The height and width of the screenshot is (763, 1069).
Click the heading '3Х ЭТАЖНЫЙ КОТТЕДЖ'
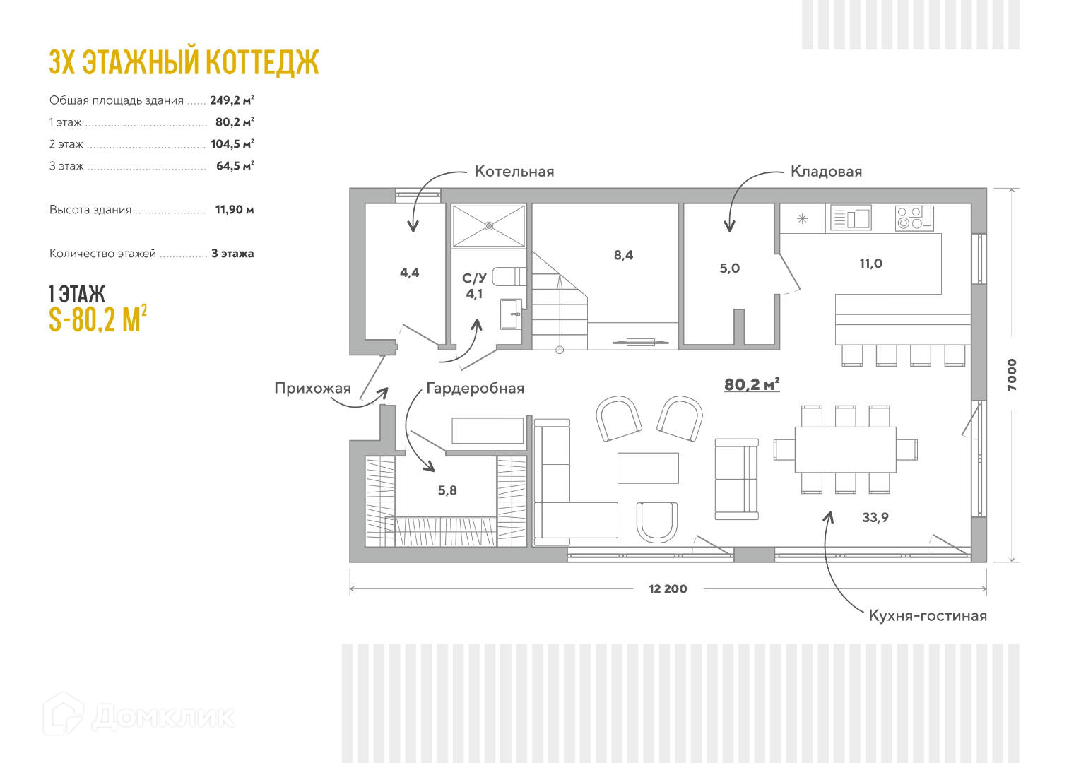[x=184, y=62]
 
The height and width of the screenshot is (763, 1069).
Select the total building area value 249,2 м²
[x=232, y=100]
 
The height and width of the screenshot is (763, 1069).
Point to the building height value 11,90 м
[x=234, y=210]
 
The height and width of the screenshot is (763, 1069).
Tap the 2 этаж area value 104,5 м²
[x=232, y=144]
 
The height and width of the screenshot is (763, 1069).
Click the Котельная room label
[x=514, y=172]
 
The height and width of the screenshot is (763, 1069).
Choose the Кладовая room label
[x=826, y=172]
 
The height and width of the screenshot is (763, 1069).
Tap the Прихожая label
[x=312, y=388]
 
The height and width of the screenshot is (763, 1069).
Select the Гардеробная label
[x=475, y=388]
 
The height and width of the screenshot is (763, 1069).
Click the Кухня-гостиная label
[x=927, y=615]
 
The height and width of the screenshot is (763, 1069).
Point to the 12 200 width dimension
[x=668, y=588]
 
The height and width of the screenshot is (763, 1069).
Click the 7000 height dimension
[x=1012, y=374]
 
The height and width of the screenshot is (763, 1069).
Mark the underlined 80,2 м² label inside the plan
[x=752, y=384]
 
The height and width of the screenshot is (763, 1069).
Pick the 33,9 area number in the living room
[x=875, y=518]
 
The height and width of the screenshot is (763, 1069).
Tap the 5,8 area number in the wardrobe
[x=447, y=490]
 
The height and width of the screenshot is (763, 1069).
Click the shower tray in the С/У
[x=488, y=226]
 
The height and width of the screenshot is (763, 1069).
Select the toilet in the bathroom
[x=508, y=276]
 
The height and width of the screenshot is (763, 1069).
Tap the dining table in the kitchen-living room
[x=845, y=449]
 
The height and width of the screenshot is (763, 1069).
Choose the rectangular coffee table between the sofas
[x=648, y=468]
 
